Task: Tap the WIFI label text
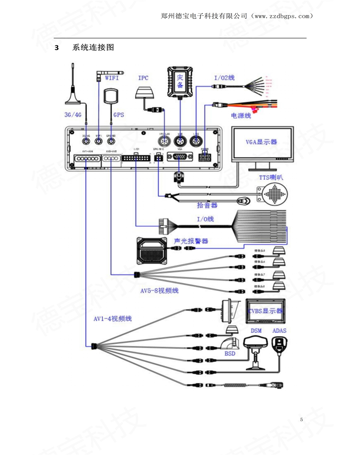[112, 78]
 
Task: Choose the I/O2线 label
[224, 78]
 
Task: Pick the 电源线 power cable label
[241, 116]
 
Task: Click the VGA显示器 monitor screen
[263, 143]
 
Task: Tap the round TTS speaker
[273, 195]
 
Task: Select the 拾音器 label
[207, 205]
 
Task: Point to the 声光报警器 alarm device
[152, 251]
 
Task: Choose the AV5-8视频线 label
[160, 291]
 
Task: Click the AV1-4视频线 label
[113, 319]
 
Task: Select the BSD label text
[230, 354]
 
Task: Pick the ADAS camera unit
[279, 344]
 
